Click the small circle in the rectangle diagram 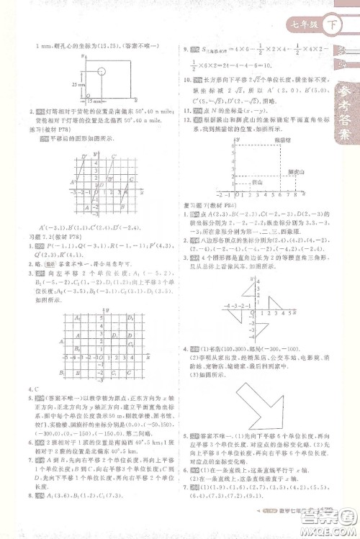tap(102, 72)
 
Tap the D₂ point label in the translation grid tap(131, 317)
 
